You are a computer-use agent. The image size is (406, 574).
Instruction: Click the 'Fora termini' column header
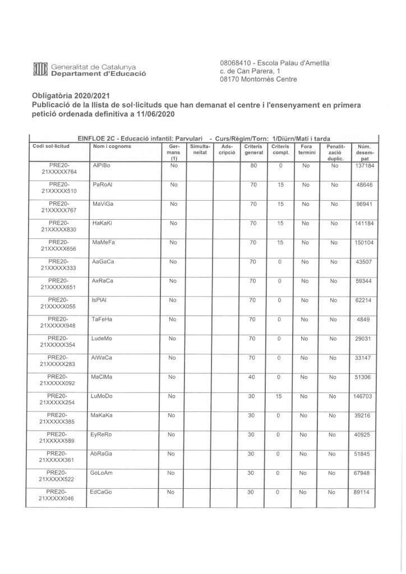click(x=306, y=149)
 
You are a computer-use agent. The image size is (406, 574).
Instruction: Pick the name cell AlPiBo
click(x=101, y=166)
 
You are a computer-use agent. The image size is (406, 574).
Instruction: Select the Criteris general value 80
click(x=253, y=166)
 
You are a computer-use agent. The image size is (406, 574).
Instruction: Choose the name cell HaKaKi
click(x=102, y=224)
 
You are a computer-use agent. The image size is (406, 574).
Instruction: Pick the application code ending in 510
click(x=62, y=189)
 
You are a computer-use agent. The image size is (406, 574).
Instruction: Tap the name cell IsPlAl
click(x=99, y=300)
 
